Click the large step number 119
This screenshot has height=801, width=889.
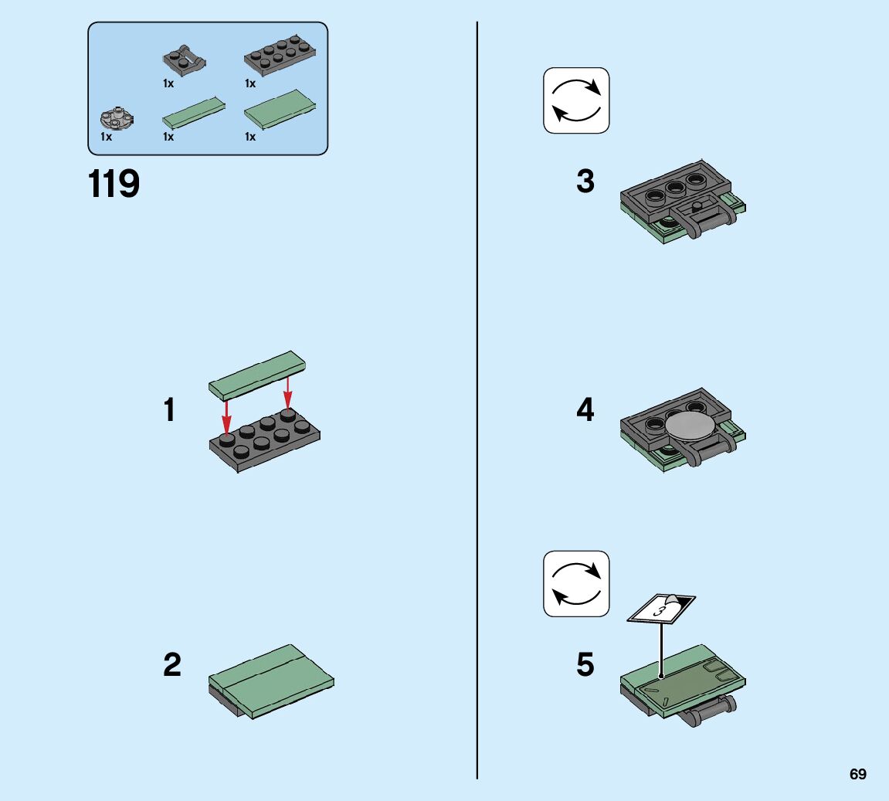coord(114,185)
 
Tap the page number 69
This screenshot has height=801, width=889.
coord(858,775)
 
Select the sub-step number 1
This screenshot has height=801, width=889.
coord(169,410)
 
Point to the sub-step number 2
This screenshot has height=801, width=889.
coord(172,664)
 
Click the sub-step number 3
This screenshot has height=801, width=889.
coord(585,182)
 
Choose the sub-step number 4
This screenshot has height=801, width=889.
coord(585,409)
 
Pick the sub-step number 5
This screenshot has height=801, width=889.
coord(585,664)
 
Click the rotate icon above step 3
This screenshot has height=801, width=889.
coord(576,100)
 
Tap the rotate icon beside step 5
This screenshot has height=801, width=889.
coord(576,584)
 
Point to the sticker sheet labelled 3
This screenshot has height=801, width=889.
coord(661,608)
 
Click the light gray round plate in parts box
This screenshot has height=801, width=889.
coord(117,118)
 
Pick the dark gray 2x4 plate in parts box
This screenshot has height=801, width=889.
coord(280,56)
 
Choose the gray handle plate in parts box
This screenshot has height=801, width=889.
coord(185,60)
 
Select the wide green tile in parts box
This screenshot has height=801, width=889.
coord(280,110)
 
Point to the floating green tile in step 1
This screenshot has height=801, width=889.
coord(257,373)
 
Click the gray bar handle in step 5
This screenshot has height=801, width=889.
coord(710,711)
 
